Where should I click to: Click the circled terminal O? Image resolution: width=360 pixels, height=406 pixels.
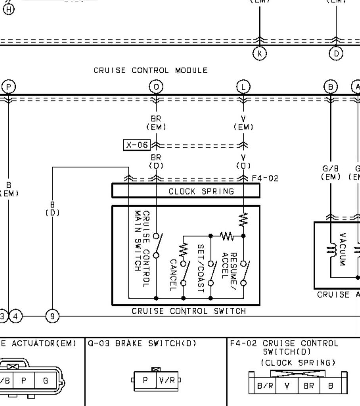tap(156, 87)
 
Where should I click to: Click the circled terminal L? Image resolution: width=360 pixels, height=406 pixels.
tap(243, 87)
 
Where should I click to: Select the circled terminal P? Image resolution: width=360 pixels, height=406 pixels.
tap(8, 87)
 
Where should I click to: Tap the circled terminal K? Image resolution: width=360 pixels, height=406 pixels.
tap(260, 53)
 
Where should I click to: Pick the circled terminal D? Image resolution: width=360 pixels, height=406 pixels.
tap(336, 53)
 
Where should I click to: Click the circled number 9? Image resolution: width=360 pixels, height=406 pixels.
tap(52, 316)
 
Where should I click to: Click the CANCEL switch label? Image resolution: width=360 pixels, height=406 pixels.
tap(173, 275)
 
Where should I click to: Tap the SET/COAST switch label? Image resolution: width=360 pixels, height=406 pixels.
tap(200, 268)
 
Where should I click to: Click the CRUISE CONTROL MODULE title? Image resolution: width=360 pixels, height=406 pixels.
tap(150, 71)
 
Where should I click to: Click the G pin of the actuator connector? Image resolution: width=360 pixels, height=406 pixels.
tap(46, 381)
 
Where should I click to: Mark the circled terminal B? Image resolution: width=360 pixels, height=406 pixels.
tap(331, 87)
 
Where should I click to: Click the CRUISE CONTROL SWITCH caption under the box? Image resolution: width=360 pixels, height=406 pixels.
tap(188, 312)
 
